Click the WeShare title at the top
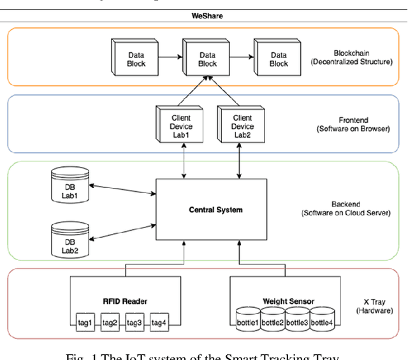click(207, 16)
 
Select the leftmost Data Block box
click(135, 60)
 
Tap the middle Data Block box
click(207, 60)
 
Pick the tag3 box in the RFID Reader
click(134, 323)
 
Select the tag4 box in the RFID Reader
click(159, 323)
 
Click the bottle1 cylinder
click(248, 320)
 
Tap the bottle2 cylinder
click(272, 320)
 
